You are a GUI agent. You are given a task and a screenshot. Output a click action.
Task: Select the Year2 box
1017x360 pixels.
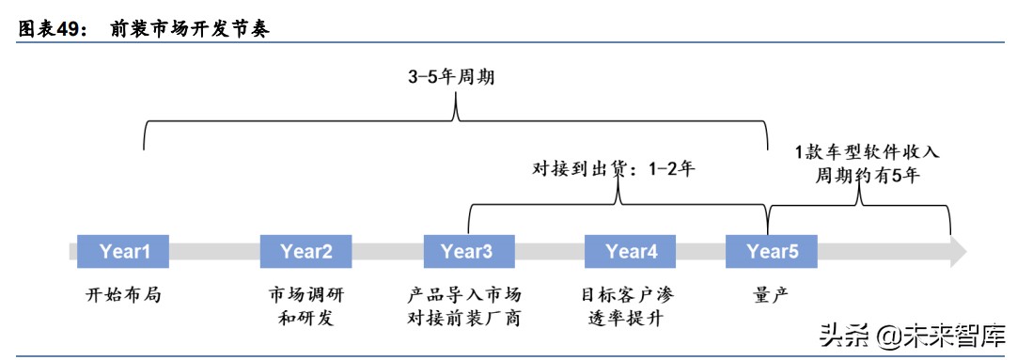click(306, 251)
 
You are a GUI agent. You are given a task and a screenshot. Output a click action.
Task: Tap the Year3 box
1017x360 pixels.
click(466, 251)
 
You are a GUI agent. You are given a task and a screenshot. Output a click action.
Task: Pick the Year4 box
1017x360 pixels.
click(631, 251)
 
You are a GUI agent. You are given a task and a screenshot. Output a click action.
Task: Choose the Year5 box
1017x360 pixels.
click(772, 251)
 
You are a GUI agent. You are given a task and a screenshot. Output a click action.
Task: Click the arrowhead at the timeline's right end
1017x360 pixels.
click(958, 251)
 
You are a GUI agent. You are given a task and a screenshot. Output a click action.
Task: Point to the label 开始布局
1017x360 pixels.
click(123, 294)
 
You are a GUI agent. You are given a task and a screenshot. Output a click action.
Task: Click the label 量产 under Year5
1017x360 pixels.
click(771, 294)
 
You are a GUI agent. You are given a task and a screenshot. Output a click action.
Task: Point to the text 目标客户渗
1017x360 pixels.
click(629, 294)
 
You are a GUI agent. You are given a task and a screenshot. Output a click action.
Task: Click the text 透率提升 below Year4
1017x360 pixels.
click(629, 318)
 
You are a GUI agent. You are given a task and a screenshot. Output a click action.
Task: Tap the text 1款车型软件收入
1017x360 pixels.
click(867, 153)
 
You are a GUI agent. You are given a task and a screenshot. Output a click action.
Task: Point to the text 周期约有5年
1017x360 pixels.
click(868, 176)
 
